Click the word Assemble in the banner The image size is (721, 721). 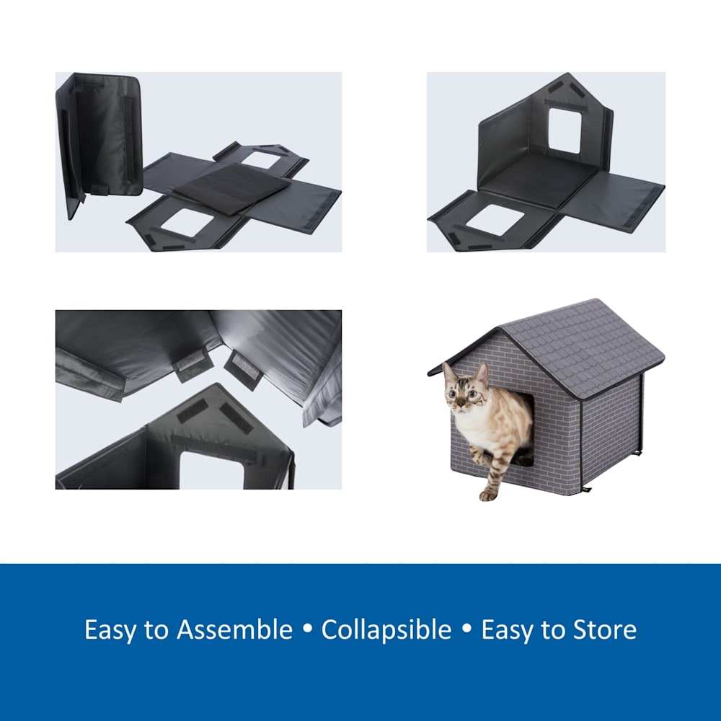pos(234,629)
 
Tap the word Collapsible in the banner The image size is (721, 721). pos(386,630)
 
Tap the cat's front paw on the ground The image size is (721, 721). pos(487,495)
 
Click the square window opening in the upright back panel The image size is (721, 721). pos(565,131)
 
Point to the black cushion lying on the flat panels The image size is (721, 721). pos(232,187)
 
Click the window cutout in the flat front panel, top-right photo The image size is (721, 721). pos(495,220)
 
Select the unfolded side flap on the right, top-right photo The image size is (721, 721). pos(611,200)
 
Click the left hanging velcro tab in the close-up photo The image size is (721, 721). pos(193,363)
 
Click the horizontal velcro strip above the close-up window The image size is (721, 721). pos(214,448)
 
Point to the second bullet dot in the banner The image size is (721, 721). pos(466,628)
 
